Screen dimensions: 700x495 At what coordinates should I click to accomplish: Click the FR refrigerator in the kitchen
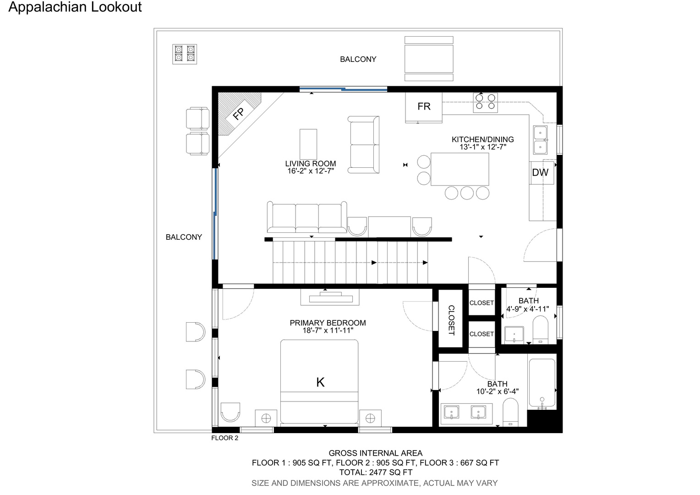(x=423, y=107)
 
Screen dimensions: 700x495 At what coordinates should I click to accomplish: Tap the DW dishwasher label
(x=540, y=172)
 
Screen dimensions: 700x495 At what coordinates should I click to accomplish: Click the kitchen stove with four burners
(x=485, y=102)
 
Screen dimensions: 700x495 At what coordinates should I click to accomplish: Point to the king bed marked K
(x=319, y=382)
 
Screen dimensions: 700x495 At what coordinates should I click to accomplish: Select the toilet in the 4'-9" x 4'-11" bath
(x=540, y=330)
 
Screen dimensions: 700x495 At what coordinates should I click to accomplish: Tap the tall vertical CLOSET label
(x=451, y=320)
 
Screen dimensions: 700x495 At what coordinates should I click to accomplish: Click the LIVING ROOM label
(x=310, y=164)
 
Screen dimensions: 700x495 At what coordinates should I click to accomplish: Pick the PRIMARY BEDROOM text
(x=328, y=323)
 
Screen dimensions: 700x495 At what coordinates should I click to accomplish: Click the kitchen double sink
(x=540, y=140)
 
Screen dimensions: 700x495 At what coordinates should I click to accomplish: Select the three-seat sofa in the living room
(x=307, y=217)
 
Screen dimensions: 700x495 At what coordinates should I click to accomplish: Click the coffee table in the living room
(x=308, y=144)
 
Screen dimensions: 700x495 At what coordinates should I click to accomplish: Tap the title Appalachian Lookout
(x=75, y=7)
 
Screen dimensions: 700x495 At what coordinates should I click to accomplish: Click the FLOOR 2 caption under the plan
(x=224, y=438)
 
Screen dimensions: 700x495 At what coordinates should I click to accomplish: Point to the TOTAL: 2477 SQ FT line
(x=376, y=472)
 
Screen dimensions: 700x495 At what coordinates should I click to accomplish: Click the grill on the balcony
(x=184, y=54)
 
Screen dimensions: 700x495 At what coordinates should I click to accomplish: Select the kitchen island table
(x=459, y=169)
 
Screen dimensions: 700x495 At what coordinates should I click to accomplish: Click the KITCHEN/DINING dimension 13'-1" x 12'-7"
(x=483, y=147)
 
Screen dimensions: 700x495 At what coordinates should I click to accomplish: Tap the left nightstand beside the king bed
(x=266, y=418)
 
